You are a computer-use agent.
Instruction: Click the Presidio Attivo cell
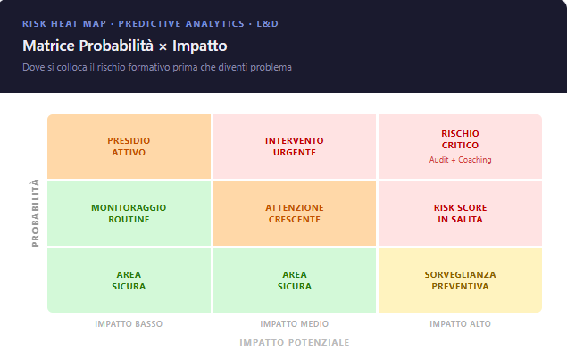129,147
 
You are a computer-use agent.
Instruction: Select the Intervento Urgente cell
294,147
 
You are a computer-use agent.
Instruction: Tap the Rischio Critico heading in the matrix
460,139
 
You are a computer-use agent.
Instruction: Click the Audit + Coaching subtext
460,160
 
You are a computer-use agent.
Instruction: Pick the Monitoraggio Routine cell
129,213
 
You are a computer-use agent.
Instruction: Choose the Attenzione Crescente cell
294,213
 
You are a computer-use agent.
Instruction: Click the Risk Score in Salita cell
460,213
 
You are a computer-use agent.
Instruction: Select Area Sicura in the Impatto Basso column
129,280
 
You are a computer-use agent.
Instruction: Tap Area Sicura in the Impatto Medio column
294,280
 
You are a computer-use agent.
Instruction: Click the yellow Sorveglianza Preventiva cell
460,280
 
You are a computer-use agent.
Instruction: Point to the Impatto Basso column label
129,323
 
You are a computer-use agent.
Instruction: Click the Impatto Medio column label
294,323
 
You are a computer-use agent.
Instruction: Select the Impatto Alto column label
460,323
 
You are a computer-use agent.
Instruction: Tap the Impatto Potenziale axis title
294,342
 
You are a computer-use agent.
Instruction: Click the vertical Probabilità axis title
36,213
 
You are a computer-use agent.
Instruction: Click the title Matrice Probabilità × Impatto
124,45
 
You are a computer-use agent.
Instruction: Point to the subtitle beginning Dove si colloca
157,67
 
